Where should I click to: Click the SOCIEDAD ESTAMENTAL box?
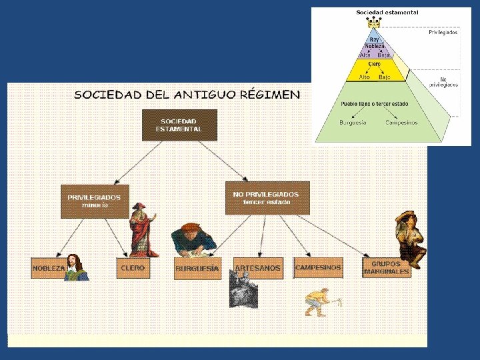pyautogui.click(x=179, y=125)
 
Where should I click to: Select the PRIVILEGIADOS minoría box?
pyautogui.click(x=95, y=201)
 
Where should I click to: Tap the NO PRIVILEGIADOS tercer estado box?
pyautogui.click(x=267, y=197)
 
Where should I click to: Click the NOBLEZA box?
pyautogui.click(x=49, y=267)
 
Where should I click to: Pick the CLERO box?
pyautogui.click(x=133, y=267)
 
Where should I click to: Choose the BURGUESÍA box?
pyautogui.click(x=197, y=268)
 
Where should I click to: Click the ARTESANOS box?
pyautogui.click(x=257, y=267)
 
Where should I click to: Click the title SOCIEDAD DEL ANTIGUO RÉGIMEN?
pyautogui.click(x=187, y=95)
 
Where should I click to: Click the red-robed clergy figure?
pyautogui.click(x=142, y=229)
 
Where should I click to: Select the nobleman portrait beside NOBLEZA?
pyautogui.click(x=77, y=267)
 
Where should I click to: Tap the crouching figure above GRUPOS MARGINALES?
pyautogui.click(x=409, y=237)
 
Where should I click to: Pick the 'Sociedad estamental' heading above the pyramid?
pyautogui.click(x=387, y=12)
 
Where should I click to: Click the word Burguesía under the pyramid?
pyautogui.click(x=353, y=122)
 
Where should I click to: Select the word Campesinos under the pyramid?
pyautogui.click(x=401, y=122)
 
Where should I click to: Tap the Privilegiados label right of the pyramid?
pyautogui.click(x=443, y=33)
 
